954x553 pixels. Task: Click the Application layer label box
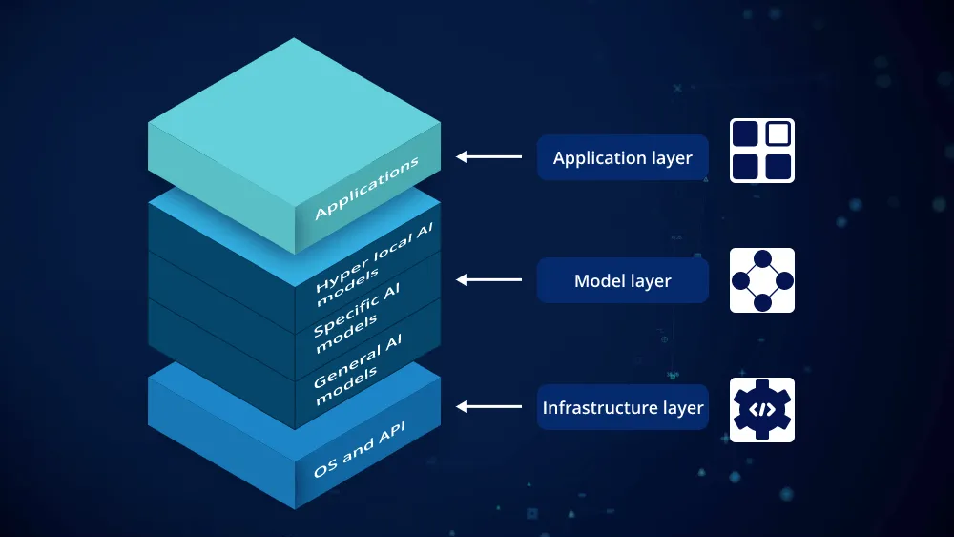coord(622,157)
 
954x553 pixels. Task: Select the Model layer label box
coord(622,280)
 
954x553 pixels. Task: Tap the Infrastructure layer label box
coord(622,407)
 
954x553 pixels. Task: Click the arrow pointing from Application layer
coord(488,156)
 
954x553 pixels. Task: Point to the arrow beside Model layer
coord(488,279)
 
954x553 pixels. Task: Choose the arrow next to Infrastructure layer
coord(488,406)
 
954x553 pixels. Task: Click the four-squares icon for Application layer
coord(762,151)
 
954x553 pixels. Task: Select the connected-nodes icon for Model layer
coord(762,280)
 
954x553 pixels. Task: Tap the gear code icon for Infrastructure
coord(762,410)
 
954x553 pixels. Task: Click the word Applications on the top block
coord(366,189)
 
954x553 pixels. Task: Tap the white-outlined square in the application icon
coord(778,134)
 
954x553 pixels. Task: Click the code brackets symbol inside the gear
coord(762,410)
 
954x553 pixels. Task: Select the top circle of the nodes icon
coord(762,258)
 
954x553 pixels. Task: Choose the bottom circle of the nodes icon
coord(762,302)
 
